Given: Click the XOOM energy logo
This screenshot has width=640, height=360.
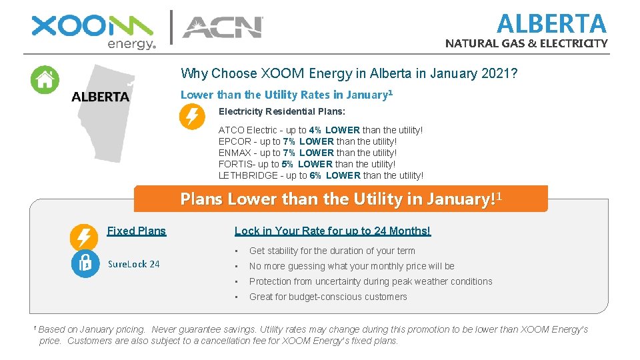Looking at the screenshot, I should pos(93,31).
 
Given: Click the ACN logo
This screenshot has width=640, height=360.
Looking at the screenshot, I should pos(223,27).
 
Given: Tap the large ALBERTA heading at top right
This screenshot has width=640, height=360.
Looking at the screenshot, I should pos(551,24).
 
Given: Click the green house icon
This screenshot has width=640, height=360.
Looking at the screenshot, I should pos(45,80).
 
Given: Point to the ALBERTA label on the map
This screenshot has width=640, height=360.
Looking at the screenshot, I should pos(100,97).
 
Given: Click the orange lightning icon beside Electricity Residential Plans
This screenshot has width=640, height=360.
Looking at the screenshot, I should pos(192,117).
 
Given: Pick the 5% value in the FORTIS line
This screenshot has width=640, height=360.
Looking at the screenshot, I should pos(287,164).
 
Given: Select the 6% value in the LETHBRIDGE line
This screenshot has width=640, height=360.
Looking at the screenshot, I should pos(315,175).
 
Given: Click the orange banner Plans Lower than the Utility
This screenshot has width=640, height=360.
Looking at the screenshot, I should pos(341,199).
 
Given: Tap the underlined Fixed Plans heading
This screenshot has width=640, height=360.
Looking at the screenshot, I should pos(137,231).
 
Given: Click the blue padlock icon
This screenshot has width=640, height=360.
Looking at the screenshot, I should pos(85,263).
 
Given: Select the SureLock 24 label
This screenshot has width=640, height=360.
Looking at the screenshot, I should pos(134,264).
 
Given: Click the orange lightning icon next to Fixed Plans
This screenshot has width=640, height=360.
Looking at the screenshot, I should pos(83,237).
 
